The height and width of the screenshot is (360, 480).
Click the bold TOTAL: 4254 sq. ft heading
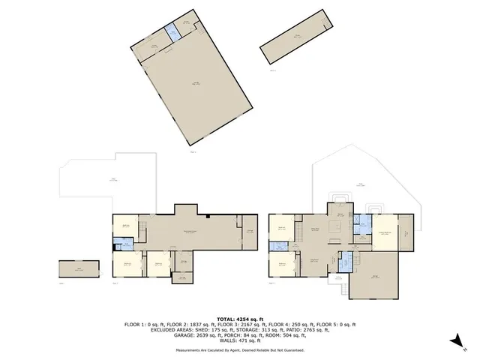pyautogui.click(x=240, y=318)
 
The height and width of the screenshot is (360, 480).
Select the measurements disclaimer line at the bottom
pyautogui.click(x=240, y=349)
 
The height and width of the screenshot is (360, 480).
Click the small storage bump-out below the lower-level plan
pyautogui.click(x=180, y=279)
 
